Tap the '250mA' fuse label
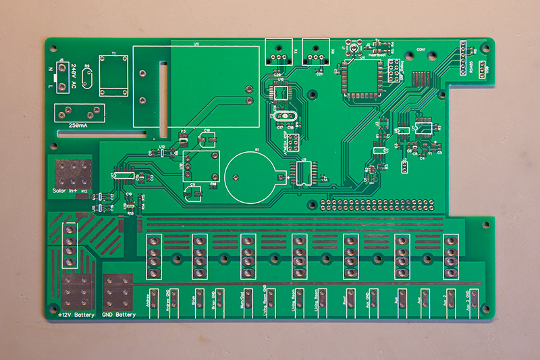(82, 126)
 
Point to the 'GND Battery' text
(119, 315)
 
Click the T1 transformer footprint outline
(113, 76)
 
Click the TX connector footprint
(281, 51)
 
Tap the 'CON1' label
(421, 49)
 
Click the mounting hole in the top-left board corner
(53, 49)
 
